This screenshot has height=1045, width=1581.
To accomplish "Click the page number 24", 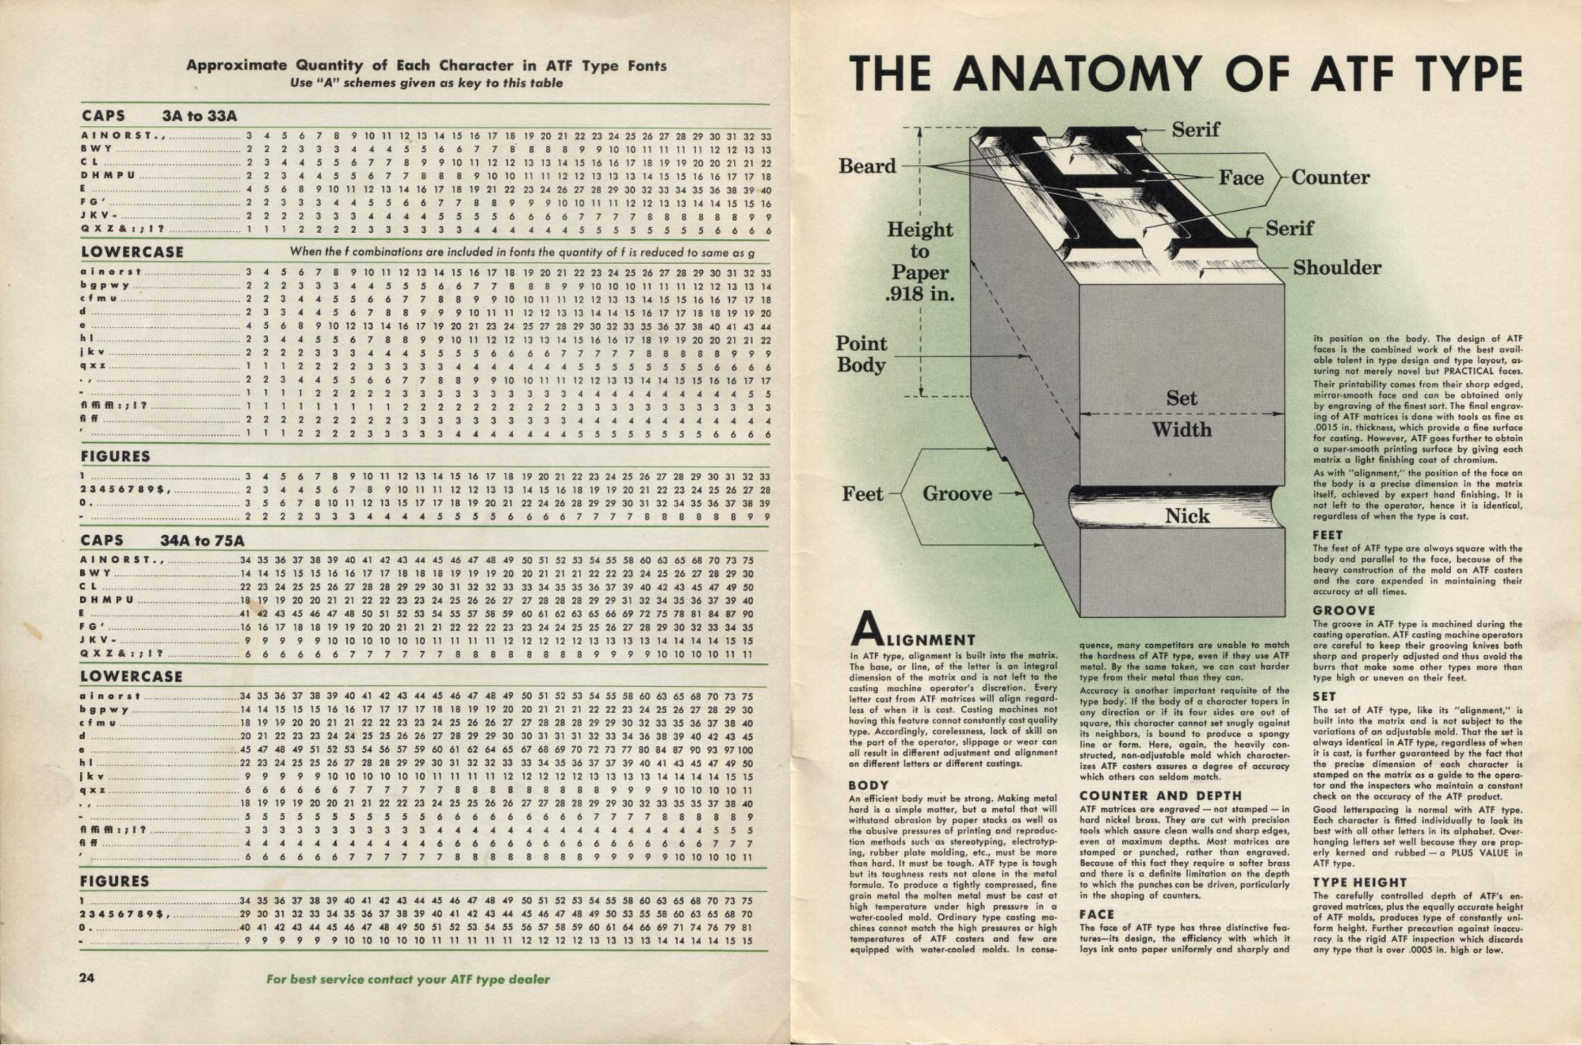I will tap(87, 977).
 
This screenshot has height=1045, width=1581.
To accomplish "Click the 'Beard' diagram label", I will tap(867, 166).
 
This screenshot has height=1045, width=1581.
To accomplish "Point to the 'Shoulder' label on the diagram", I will tap(1337, 268).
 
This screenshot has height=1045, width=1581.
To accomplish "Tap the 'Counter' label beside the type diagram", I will tap(1331, 177).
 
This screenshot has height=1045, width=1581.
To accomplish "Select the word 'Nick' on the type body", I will tap(1187, 517).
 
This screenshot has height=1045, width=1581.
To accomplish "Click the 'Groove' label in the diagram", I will tap(957, 494).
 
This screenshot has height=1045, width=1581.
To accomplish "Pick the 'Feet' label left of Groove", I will tap(862, 494).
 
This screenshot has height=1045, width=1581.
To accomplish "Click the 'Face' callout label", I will tap(1241, 178).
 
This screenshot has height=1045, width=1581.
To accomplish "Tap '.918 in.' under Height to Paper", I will tap(920, 295).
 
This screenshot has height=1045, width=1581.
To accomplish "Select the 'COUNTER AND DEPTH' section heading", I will tap(1161, 795).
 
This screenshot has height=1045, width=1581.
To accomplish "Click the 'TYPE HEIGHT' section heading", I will tap(1359, 882).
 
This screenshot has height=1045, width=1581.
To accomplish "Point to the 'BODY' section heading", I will tap(869, 785).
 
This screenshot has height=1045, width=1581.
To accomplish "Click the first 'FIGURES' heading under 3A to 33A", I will tap(116, 456).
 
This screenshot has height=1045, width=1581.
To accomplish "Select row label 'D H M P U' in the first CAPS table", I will tap(108, 175).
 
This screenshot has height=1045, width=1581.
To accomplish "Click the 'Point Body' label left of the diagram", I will tap(861, 354).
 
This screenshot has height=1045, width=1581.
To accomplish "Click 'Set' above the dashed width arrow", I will tap(1181, 399).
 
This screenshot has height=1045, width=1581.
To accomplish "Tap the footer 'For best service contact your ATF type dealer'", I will tap(407, 978).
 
